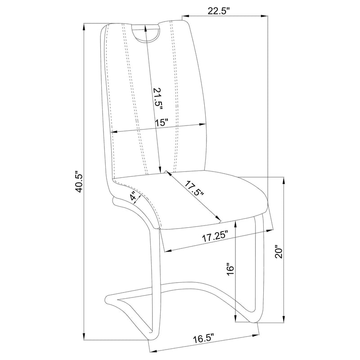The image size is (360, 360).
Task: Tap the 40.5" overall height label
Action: click(x=80, y=181)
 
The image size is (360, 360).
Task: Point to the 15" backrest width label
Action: click(x=162, y=122)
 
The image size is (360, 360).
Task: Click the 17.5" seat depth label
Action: click(x=194, y=188)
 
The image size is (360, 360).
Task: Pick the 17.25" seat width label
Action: click(x=215, y=237)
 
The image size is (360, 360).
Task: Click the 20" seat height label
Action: click(x=279, y=253)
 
